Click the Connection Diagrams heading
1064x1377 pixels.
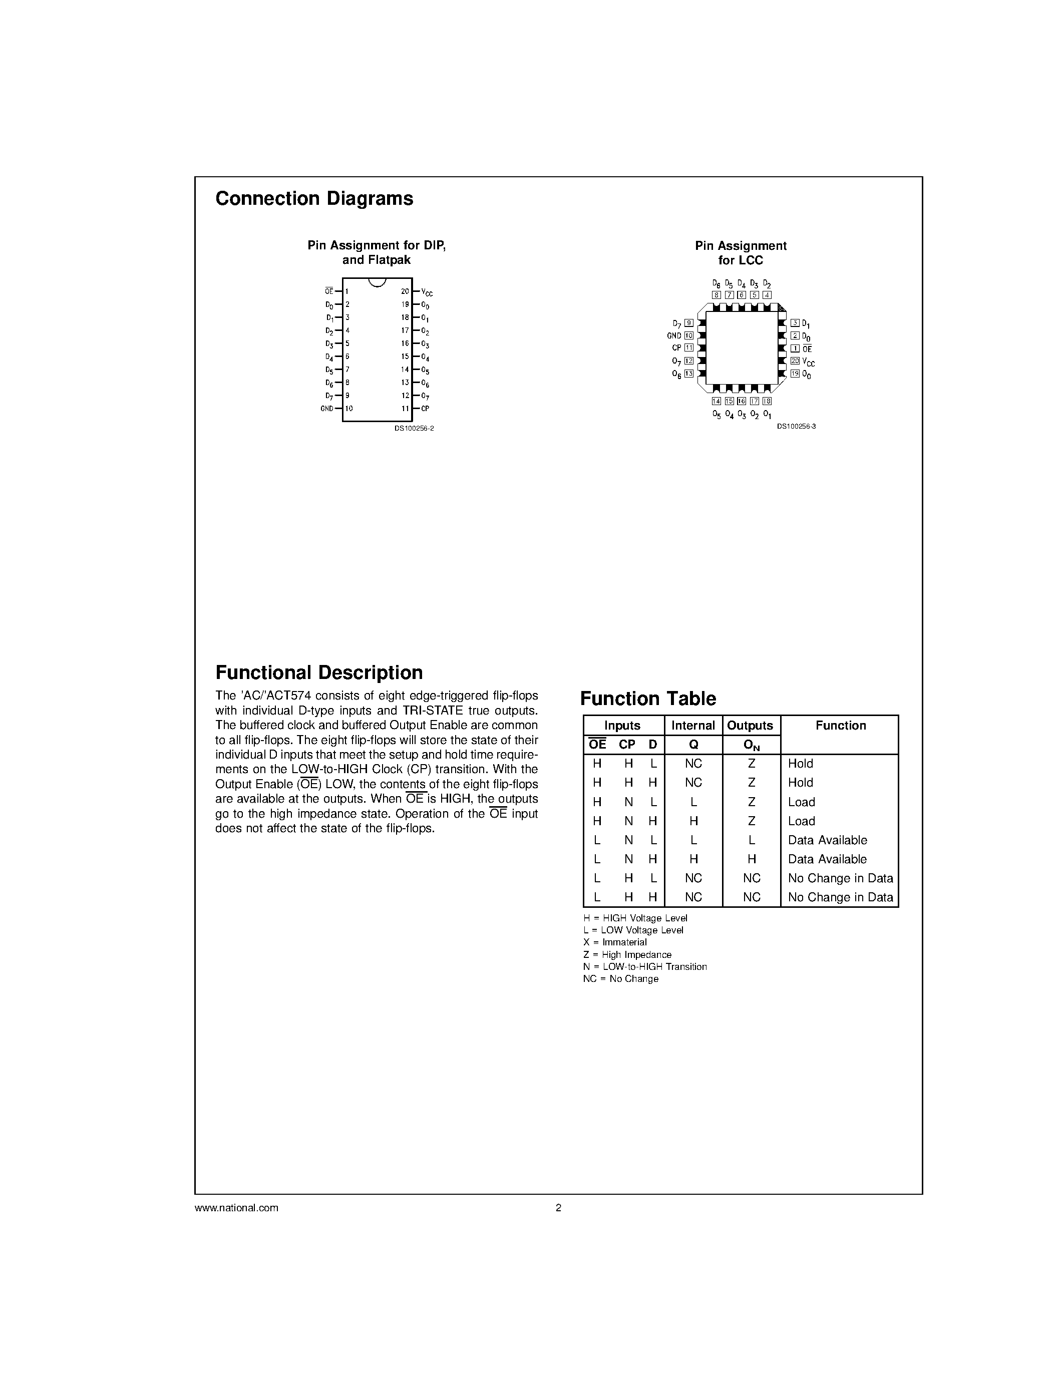click(314, 199)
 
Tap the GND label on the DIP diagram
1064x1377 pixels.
click(326, 409)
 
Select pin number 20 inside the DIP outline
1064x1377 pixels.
click(405, 291)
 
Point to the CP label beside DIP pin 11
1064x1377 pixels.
click(426, 409)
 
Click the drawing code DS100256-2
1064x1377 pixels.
click(414, 428)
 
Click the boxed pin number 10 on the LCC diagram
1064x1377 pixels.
click(689, 335)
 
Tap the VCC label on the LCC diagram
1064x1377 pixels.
click(809, 362)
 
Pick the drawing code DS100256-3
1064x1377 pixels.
click(796, 427)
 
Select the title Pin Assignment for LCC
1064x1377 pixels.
click(741, 253)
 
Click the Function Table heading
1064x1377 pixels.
click(647, 699)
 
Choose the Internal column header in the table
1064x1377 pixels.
click(693, 725)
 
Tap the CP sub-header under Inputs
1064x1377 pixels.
click(627, 745)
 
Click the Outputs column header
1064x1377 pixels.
click(750, 725)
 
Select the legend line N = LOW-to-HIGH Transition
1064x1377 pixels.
click(645, 966)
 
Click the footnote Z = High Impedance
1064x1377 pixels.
click(627, 954)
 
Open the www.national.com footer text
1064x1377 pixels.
click(236, 1208)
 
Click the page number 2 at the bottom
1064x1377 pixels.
click(558, 1208)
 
